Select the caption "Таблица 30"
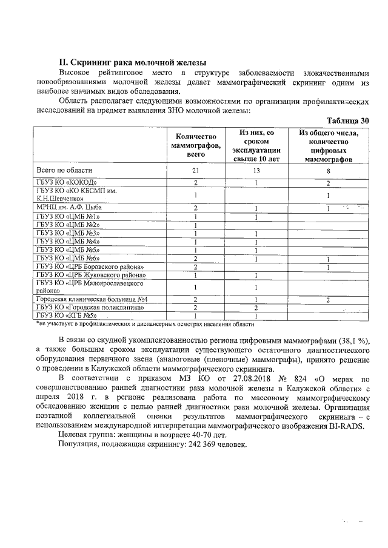click(347, 120)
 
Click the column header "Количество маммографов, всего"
click(196, 146)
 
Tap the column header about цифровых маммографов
click(328, 146)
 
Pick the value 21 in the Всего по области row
click(196, 171)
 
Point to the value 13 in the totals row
click(257, 171)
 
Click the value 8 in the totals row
click(328, 171)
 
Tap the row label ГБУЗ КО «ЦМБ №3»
click(68, 233)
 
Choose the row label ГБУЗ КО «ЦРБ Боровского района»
click(90, 267)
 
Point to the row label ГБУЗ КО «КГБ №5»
click(67, 315)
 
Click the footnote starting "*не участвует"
click(141, 323)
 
